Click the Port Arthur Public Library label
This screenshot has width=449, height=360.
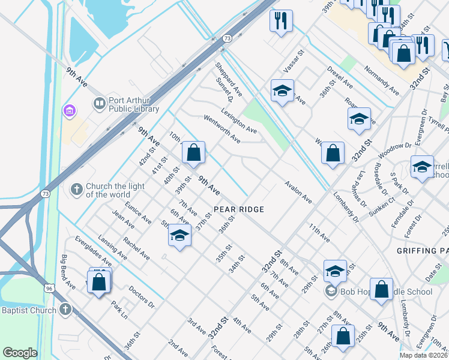133,105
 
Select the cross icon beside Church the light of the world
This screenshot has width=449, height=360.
76,190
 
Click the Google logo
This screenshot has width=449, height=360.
20,353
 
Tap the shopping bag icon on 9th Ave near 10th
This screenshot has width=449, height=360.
193,154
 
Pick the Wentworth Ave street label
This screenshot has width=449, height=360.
222,130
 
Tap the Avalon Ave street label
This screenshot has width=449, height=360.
298,192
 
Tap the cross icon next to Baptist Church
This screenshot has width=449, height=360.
65,310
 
